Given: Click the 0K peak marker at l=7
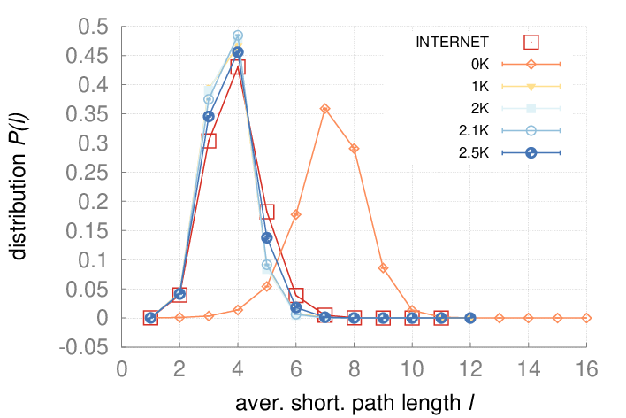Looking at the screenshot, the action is tap(325, 108).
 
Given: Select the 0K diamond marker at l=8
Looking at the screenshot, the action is tap(354, 149).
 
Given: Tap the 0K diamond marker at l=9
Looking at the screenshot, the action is tap(383, 268).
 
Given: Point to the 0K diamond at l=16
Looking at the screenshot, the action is tap(586, 318).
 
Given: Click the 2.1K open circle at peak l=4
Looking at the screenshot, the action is tap(238, 35).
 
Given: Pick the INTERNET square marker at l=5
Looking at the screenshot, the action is tap(267, 211).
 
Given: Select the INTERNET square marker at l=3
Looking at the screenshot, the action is tap(209, 141).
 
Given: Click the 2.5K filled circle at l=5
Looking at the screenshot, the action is tap(267, 237).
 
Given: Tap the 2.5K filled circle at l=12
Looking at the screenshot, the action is tap(470, 318).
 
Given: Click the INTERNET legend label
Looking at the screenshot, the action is tap(453, 42).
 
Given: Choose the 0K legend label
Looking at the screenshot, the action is tap(480, 64).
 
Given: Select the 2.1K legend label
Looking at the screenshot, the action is tap(474, 130).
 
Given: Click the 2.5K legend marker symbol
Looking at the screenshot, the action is tap(531, 152).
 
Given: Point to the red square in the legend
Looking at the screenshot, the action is tap(531, 42).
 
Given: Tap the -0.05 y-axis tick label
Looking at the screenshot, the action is tap(84, 347).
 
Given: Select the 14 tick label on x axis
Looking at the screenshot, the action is tap(529, 368).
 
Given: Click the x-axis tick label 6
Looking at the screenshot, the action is tap(296, 368).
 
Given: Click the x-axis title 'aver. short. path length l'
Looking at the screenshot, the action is tap(355, 403).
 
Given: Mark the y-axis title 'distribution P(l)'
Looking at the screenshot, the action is tap(18, 187).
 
